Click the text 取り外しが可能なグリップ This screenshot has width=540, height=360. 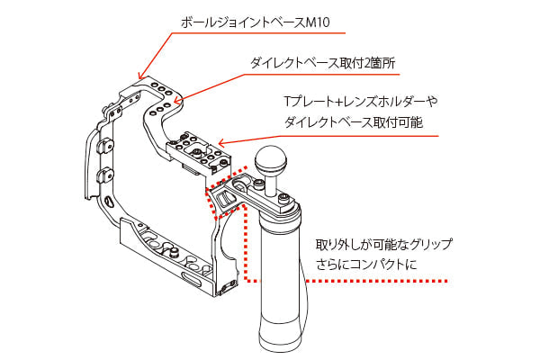click(x=383, y=244)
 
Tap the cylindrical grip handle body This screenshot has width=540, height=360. click(x=278, y=270)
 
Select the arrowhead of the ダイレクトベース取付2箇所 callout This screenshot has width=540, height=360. click(x=180, y=101)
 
